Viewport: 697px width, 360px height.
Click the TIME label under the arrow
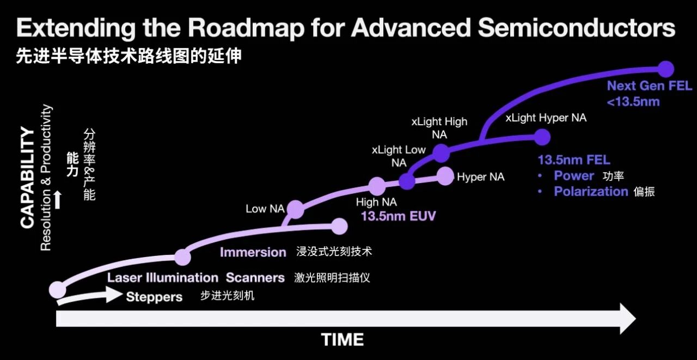pos(343,340)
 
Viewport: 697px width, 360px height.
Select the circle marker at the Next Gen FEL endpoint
pos(665,69)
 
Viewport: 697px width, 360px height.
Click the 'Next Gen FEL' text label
pos(649,86)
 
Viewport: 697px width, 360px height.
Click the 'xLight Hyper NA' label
pos(546,118)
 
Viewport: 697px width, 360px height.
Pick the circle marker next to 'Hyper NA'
pos(445,175)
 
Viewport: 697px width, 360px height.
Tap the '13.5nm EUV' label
pos(398,216)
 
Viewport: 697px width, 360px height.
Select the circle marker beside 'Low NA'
pos(295,209)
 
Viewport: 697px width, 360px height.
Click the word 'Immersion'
pos(253,252)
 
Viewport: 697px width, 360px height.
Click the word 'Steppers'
pos(154,297)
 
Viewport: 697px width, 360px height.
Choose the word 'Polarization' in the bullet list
pos(591,191)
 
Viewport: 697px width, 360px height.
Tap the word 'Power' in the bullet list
pos(574,176)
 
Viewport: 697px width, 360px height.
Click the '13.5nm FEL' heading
pos(574,160)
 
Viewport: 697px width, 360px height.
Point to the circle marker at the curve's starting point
pos(57,289)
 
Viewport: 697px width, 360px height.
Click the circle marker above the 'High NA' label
pos(377,186)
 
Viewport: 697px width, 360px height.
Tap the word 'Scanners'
pos(255,278)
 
